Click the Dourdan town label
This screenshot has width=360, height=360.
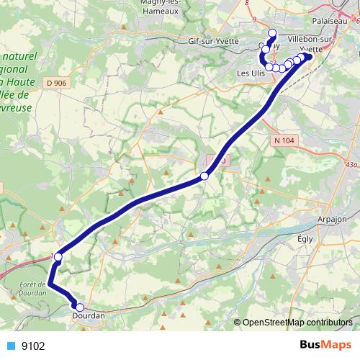(89, 315)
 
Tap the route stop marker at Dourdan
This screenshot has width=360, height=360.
(79, 307)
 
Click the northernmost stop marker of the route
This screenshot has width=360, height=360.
(272, 33)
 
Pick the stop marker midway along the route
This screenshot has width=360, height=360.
(204, 176)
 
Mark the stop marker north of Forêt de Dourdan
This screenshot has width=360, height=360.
(58, 256)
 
